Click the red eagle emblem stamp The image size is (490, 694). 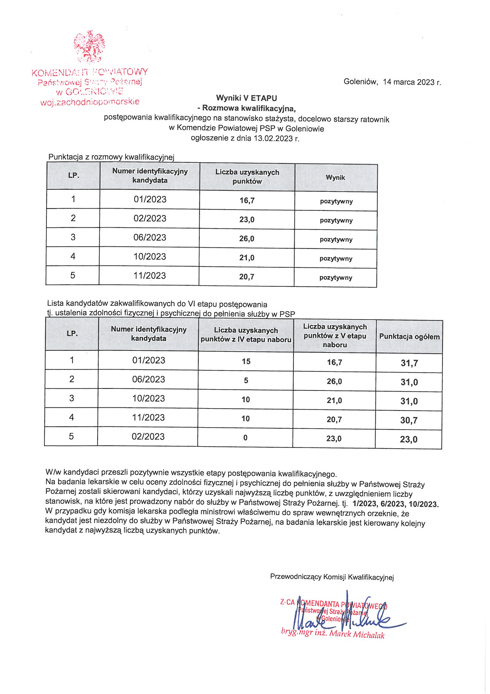pyautogui.click(x=90, y=47)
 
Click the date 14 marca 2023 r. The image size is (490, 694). pyautogui.click(x=412, y=82)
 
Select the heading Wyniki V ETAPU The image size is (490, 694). pyautogui.click(x=246, y=98)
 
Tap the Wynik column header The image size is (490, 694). pyautogui.click(x=336, y=178)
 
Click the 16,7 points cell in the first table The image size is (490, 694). pyautogui.click(x=247, y=200)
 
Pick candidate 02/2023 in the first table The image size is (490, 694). pyautogui.click(x=150, y=218)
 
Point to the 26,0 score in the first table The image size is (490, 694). pyautogui.click(x=247, y=239)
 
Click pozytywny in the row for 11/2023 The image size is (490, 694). pyautogui.click(x=336, y=278)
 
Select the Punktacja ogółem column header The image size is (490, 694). pyautogui.click(x=409, y=337)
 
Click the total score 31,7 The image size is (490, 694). pyautogui.click(x=409, y=363)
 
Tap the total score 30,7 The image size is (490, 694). pyautogui.click(x=409, y=420)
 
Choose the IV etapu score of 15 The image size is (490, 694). pyautogui.click(x=246, y=362)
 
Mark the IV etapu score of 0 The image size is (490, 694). pyautogui.click(x=245, y=438)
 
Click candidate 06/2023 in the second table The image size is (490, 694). pyautogui.click(x=149, y=379)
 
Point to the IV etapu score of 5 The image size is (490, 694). pyautogui.click(x=246, y=381)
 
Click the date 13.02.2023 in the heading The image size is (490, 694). pyautogui.click(x=273, y=138)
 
